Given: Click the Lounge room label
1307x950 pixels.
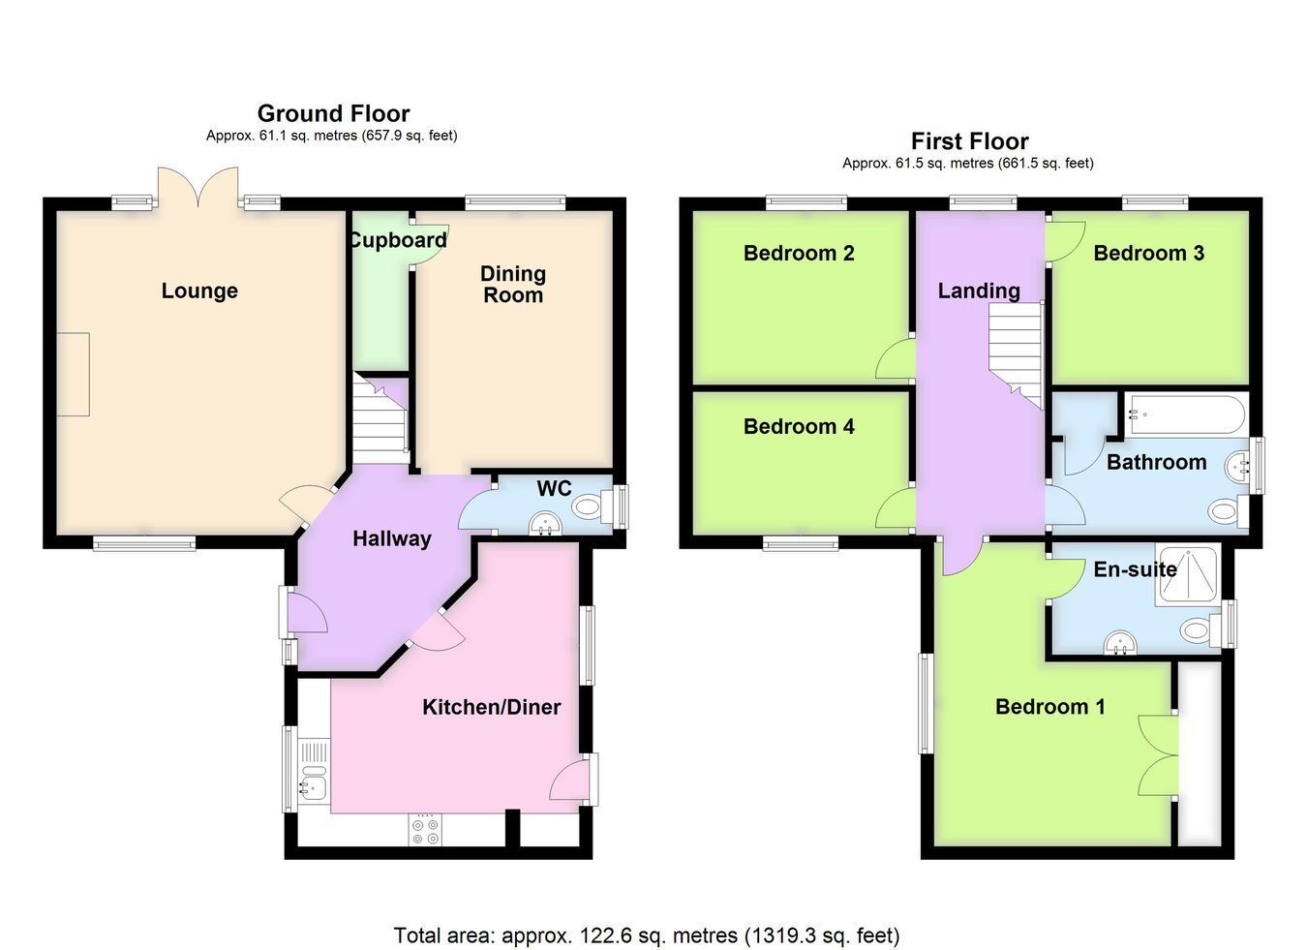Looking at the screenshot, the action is click(199, 291).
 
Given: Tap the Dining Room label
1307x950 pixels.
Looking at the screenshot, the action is click(513, 284).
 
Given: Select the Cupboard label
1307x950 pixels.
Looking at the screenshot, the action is click(398, 240).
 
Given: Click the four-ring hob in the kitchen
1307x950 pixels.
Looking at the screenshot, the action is click(425, 831).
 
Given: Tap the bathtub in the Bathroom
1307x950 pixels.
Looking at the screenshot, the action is click(1186, 414).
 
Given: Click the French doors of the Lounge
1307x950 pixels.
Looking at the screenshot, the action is click(198, 188).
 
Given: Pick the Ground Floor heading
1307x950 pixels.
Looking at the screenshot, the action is click(334, 113).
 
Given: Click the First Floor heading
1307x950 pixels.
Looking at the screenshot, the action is click(970, 141).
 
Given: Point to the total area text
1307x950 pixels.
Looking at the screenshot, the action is click(647, 936).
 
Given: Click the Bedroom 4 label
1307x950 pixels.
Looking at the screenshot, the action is click(799, 426).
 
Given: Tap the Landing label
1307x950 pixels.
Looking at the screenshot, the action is click(979, 291).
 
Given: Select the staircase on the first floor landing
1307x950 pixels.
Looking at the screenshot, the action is click(1016, 354).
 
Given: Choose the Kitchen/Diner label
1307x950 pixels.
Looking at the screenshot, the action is click(491, 707).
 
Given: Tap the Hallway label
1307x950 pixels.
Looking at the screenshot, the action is click(392, 538).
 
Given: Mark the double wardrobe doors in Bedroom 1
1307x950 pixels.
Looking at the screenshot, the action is click(1158, 754).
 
